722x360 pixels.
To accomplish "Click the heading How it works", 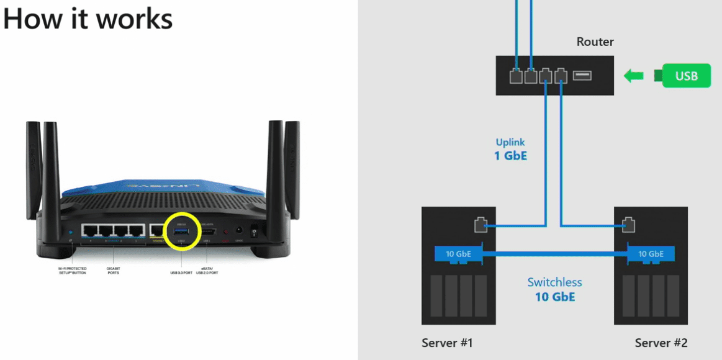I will [x=88, y=19].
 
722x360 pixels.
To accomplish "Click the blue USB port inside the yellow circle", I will [x=181, y=230].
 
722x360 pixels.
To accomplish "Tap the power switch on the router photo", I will [x=254, y=232].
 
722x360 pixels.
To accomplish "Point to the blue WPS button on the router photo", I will [x=70, y=233].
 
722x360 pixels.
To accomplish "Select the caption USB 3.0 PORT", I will [x=182, y=272].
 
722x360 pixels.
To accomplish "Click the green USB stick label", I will [x=686, y=76].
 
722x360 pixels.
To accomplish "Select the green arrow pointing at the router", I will [x=634, y=76].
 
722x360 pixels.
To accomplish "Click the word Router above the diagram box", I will [x=595, y=42].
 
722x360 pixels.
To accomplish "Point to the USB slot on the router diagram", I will [x=582, y=76].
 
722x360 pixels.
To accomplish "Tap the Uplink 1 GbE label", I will [x=510, y=148].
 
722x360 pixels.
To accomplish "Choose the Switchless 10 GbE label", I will [x=555, y=289].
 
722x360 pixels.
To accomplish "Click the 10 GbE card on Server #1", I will [x=458, y=253].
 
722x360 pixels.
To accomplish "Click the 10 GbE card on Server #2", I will [x=650, y=253].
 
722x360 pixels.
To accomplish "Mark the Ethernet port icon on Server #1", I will [x=480, y=225].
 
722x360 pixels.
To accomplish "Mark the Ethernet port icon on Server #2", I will [x=628, y=225].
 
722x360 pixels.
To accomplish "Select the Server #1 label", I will [x=447, y=343].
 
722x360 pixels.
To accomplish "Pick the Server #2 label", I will [x=661, y=343].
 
